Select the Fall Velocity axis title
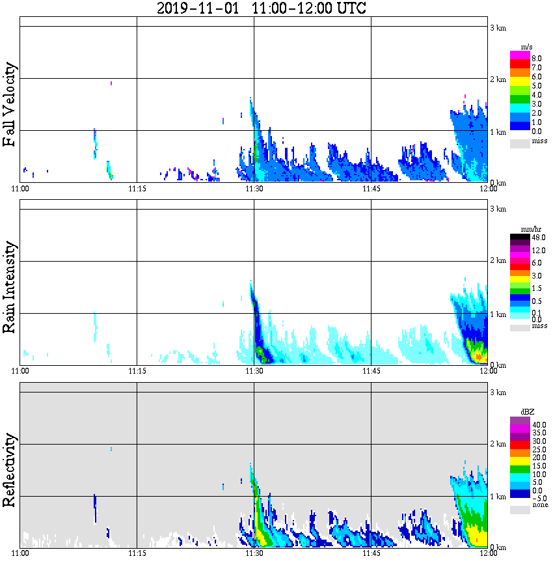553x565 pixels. coord(10,105)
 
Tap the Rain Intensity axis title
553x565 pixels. coord(10,287)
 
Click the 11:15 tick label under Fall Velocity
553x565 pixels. coord(137,189)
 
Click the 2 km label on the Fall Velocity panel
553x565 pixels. coord(498,79)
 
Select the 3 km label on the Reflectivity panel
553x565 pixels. coord(498,393)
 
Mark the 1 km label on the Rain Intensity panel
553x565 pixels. coord(498,314)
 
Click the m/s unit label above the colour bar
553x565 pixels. coord(527,47)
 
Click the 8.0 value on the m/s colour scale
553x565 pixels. coord(537,58)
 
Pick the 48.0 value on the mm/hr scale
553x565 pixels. coord(538,238)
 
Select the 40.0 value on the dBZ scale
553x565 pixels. coord(538,424)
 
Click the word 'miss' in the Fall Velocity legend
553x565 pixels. coord(539,141)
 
